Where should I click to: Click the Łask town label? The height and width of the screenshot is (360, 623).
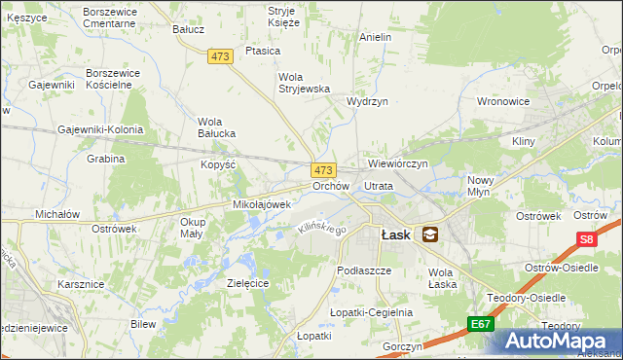393,234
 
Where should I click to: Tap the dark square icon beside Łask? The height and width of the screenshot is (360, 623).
429,234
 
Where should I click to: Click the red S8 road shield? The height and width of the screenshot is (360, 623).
585,238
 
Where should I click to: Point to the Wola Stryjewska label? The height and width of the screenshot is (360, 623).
306,83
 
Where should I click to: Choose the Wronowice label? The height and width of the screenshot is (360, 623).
502,100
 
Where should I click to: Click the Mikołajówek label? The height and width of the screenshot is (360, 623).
263,205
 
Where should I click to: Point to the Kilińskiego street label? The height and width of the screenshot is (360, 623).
322,228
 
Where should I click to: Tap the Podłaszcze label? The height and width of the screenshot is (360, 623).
363,270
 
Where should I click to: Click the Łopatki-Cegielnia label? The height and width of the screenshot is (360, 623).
371,312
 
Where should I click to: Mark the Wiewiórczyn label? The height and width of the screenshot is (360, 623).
397,163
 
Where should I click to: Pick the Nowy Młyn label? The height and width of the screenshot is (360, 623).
481,186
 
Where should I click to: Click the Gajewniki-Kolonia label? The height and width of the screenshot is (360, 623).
100,129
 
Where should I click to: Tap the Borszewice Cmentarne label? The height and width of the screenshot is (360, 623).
110,17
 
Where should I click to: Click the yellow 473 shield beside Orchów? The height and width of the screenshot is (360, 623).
324,169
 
